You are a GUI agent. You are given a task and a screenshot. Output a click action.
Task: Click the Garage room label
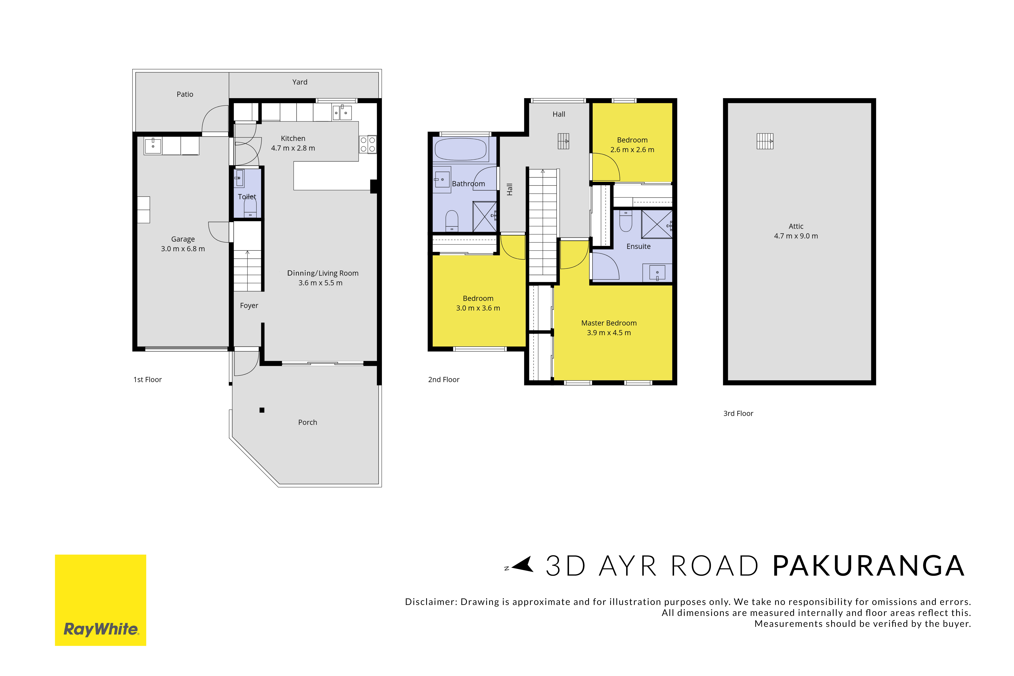(183, 239)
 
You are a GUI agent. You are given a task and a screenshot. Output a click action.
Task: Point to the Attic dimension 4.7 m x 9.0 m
(796, 236)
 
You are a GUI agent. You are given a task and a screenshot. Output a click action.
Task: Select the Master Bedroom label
(609, 323)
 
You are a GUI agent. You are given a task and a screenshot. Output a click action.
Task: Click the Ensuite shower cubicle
(657, 224)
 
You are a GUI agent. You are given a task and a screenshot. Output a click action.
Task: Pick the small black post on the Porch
(262, 410)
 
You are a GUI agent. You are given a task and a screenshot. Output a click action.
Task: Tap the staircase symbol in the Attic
(765, 141)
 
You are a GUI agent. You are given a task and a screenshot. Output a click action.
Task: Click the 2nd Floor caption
(444, 379)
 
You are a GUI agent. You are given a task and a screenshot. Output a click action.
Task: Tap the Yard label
(300, 82)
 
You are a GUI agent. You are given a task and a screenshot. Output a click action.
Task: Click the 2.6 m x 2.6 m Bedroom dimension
(632, 150)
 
